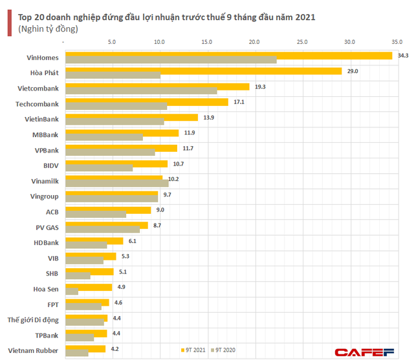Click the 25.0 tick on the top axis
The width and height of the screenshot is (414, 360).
click(x=302, y=42)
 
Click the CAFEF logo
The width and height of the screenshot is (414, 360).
click(x=364, y=351)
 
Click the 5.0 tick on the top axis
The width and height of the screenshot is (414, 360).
click(x=113, y=42)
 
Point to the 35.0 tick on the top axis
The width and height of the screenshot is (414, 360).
click(x=397, y=42)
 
